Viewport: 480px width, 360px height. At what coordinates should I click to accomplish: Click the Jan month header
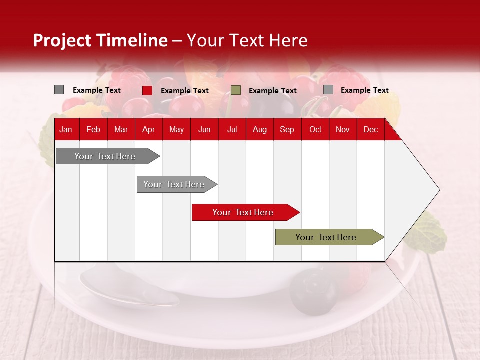(x=66, y=130)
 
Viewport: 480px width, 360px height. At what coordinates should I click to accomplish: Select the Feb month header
(x=93, y=130)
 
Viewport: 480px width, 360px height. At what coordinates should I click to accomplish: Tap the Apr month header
(x=148, y=130)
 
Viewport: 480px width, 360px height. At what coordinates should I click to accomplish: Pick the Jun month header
(x=204, y=130)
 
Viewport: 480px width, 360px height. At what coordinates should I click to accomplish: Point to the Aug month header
(x=260, y=130)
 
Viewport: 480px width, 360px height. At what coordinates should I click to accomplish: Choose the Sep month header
(x=287, y=130)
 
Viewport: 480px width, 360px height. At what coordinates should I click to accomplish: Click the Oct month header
(x=315, y=130)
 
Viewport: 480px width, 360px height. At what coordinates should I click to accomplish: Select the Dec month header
(x=371, y=130)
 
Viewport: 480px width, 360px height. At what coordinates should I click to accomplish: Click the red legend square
(x=147, y=90)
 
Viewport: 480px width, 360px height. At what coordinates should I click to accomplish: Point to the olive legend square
(x=236, y=90)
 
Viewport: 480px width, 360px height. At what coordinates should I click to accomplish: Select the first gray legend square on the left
(x=59, y=90)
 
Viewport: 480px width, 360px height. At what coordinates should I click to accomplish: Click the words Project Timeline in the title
(x=100, y=40)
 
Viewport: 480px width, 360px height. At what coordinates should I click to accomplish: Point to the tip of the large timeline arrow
(x=439, y=190)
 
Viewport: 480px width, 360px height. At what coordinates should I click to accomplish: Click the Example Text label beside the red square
(x=185, y=91)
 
